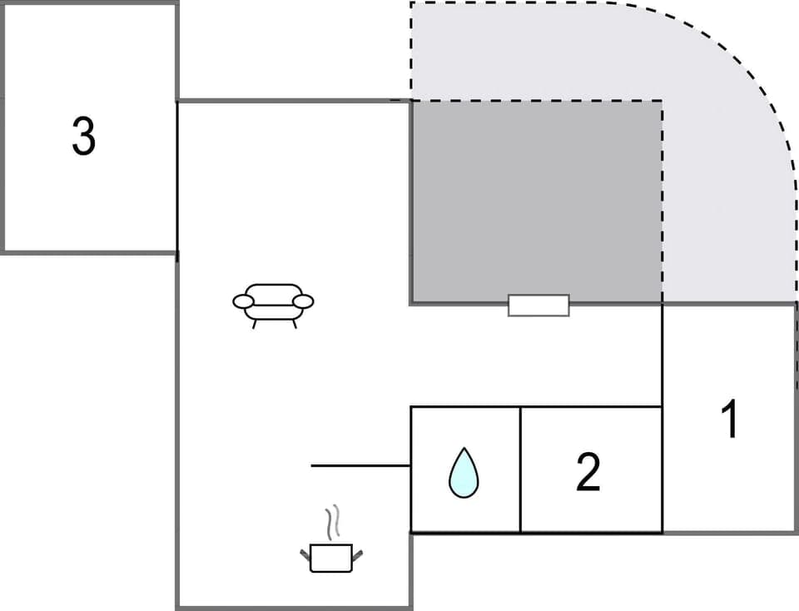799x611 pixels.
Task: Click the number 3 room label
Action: click(x=83, y=137)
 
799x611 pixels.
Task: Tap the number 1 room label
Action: click(x=729, y=420)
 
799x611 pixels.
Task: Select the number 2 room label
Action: click(x=588, y=472)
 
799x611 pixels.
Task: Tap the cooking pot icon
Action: click(x=331, y=556)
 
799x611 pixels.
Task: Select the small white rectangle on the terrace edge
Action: click(x=538, y=305)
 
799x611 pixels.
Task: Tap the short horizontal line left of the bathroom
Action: click(x=360, y=465)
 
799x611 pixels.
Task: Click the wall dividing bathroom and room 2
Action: click(x=520, y=470)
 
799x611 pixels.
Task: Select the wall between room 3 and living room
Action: click(x=177, y=176)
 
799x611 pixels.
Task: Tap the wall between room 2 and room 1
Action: click(x=662, y=470)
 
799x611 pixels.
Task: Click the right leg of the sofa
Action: click(x=294, y=323)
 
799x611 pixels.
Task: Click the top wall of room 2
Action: click(x=591, y=407)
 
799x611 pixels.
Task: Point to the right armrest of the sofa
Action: click(x=304, y=301)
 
